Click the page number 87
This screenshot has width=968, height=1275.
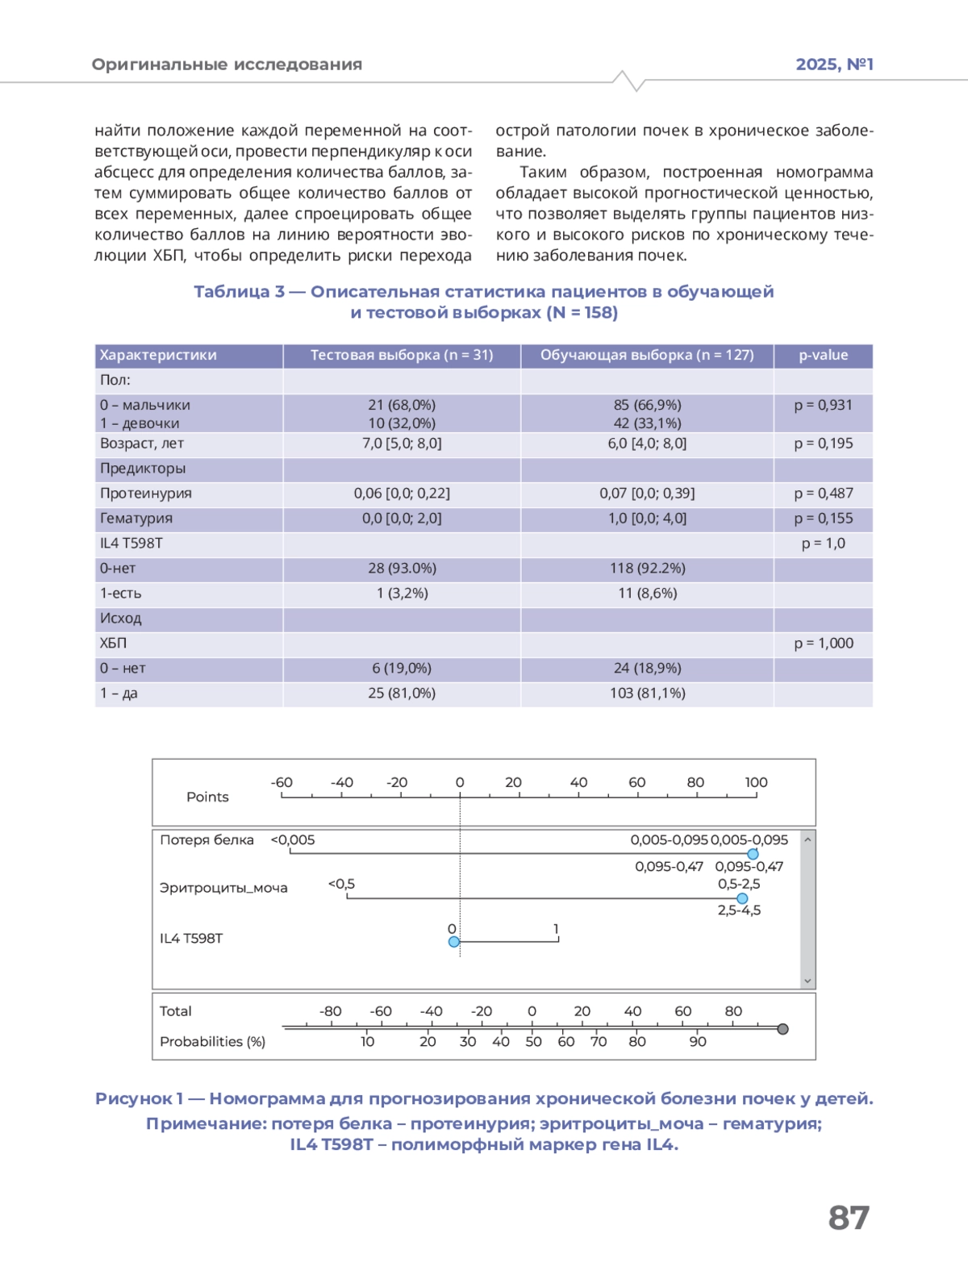coord(849,1218)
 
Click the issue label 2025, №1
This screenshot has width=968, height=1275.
coord(834,65)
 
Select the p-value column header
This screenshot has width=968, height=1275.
coord(823,356)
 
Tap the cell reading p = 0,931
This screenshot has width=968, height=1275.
coord(823,405)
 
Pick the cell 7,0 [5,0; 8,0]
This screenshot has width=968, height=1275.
coord(402,444)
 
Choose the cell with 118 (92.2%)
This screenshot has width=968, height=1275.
coord(647,569)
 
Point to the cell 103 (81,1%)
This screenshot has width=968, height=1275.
coord(647,694)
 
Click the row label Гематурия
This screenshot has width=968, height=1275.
coord(136,519)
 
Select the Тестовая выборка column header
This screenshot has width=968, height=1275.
coord(402,356)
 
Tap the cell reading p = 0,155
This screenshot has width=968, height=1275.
coord(823,519)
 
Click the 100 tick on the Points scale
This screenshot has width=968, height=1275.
coord(756,783)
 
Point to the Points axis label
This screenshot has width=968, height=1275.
coord(207,798)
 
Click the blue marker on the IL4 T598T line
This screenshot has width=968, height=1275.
coord(454,942)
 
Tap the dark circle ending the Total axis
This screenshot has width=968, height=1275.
coord(782,1029)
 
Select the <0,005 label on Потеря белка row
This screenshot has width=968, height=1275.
coord(293,840)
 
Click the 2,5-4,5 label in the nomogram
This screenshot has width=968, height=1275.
coord(739,910)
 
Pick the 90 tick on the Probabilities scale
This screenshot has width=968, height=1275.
coord(698,1042)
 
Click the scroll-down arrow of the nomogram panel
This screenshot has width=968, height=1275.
coord(807,981)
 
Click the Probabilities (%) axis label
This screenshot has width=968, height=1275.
coord(212,1042)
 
